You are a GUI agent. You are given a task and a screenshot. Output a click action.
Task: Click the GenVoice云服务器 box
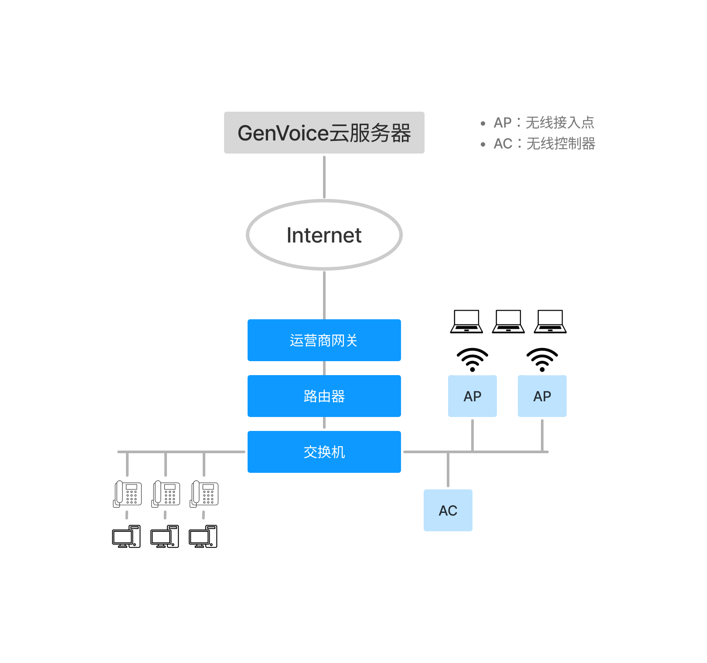pyautogui.click(x=324, y=133)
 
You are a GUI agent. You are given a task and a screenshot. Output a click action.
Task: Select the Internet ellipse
pyautogui.click(x=324, y=235)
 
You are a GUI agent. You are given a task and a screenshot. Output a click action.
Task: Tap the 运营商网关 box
pyautogui.click(x=324, y=340)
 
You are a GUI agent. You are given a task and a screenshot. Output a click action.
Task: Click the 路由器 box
pyautogui.click(x=324, y=396)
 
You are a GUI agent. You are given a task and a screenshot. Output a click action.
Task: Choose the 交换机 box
pyautogui.click(x=324, y=452)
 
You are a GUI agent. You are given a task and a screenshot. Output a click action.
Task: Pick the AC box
pyautogui.click(x=448, y=510)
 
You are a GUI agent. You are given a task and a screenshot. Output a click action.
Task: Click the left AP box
pyautogui.click(x=472, y=396)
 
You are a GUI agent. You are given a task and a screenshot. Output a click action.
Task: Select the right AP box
pyautogui.click(x=542, y=396)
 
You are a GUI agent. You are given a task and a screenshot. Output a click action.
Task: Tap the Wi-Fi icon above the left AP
pyautogui.click(x=472, y=360)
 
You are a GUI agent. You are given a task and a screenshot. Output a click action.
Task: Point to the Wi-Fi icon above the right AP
pyautogui.click(x=542, y=360)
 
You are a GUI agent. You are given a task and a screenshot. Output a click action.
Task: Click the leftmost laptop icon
pyautogui.click(x=466, y=321)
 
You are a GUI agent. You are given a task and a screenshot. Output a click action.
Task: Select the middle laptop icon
pyautogui.click(x=508, y=321)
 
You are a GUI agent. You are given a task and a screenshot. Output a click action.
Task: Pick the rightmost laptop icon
pyautogui.click(x=550, y=321)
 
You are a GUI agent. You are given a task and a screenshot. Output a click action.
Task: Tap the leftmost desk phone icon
pyautogui.click(x=127, y=494)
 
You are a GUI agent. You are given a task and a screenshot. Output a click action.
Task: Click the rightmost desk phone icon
pyautogui.click(x=204, y=494)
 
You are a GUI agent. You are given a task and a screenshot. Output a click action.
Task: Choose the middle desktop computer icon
pyautogui.click(x=165, y=537)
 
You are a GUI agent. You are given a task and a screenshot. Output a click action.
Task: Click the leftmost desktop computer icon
pyautogui.click(x=126, y=537)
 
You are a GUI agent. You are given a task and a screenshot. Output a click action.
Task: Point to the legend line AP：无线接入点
pyautogui.click(x=543, y=123)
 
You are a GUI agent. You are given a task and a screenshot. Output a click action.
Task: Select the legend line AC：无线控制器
pyautogui.click(x=544, y=144)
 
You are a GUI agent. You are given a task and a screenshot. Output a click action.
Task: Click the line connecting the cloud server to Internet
pyautogui.click(x=324, y=177)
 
